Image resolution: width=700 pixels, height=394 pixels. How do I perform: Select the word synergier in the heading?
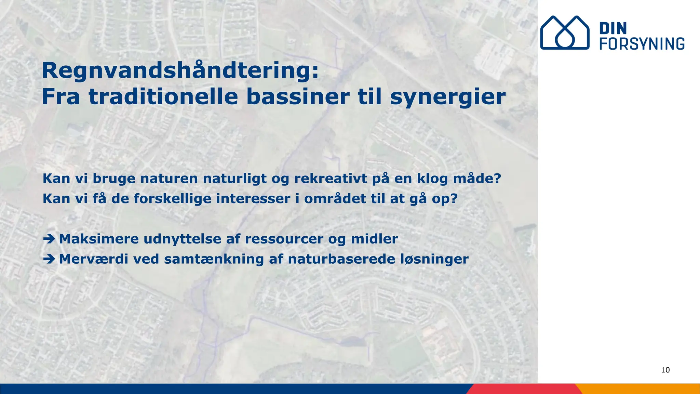[448, 97]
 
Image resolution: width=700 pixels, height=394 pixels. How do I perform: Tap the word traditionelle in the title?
[163, 97]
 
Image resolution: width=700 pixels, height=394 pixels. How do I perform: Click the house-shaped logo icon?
[565, 32]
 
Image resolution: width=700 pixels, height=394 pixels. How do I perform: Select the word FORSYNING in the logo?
[642, 44]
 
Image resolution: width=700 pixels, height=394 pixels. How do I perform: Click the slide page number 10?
[665, 370]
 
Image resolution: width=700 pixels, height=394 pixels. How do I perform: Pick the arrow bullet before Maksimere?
[49, 239]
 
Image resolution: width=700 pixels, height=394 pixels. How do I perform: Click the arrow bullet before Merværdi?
[49, 259]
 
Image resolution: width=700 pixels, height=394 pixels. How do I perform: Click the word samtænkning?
[214, 259]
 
